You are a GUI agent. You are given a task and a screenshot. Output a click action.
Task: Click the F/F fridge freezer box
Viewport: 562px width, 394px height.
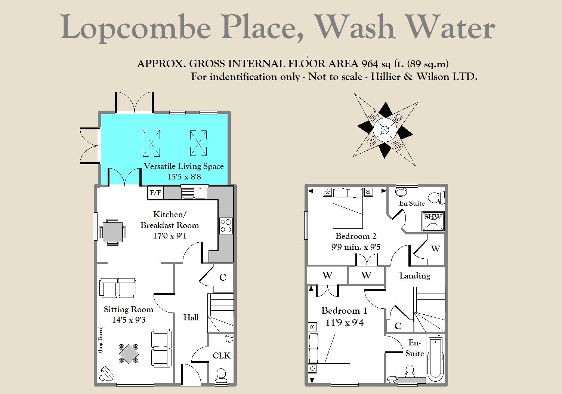point(155,193)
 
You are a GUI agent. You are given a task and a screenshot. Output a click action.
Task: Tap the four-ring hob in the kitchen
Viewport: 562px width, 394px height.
point(226,225)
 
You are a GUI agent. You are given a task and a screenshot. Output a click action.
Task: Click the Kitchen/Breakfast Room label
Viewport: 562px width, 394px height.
point(170,220)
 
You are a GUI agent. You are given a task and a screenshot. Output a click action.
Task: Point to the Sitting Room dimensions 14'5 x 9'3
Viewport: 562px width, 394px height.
point(129,320)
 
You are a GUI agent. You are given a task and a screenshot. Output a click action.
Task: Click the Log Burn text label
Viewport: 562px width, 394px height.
point(100,339)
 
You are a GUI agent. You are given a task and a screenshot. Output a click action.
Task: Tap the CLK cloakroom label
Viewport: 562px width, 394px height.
point(222,355)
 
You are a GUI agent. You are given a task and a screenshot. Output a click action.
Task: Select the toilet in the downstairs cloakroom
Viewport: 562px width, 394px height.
point(221,375)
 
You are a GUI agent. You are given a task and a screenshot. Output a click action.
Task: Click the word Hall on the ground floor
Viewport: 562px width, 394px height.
point(191,317)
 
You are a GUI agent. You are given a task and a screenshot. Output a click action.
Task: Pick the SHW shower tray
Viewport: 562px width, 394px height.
point(433,221)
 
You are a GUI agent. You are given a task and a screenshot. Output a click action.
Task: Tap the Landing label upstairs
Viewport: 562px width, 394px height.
point(415,276)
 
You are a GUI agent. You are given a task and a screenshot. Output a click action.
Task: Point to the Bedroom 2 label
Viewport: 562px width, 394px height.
point(356,236)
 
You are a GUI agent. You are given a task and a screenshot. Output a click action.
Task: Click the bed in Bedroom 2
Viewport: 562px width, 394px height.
point(348,209)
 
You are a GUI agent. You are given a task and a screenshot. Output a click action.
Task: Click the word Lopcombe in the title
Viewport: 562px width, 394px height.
point(136,27)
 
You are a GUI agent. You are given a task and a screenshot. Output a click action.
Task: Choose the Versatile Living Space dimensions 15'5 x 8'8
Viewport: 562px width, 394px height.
point(184,176)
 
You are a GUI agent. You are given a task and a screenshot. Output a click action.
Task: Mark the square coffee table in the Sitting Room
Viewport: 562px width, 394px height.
point(129,353)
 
